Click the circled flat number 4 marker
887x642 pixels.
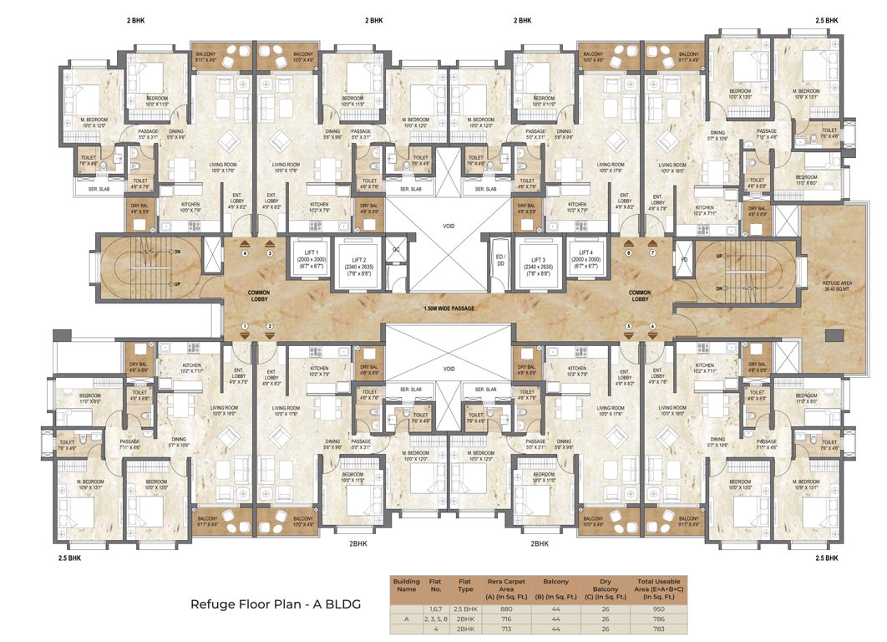click(245, 252)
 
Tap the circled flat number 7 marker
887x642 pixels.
click(653, 252)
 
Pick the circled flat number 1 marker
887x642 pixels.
click(245, 326)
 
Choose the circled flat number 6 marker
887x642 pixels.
click(653, 326)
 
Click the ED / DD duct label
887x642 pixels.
click(499, 261)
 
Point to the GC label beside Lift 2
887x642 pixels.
click(397, 250)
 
